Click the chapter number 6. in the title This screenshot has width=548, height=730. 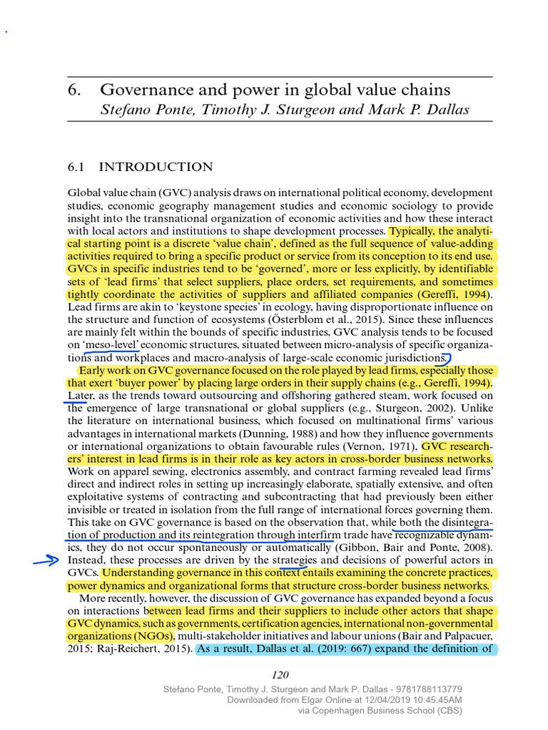click(76, 91)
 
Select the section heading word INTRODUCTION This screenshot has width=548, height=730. click(156, 168)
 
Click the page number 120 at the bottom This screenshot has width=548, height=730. click(280, 676)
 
